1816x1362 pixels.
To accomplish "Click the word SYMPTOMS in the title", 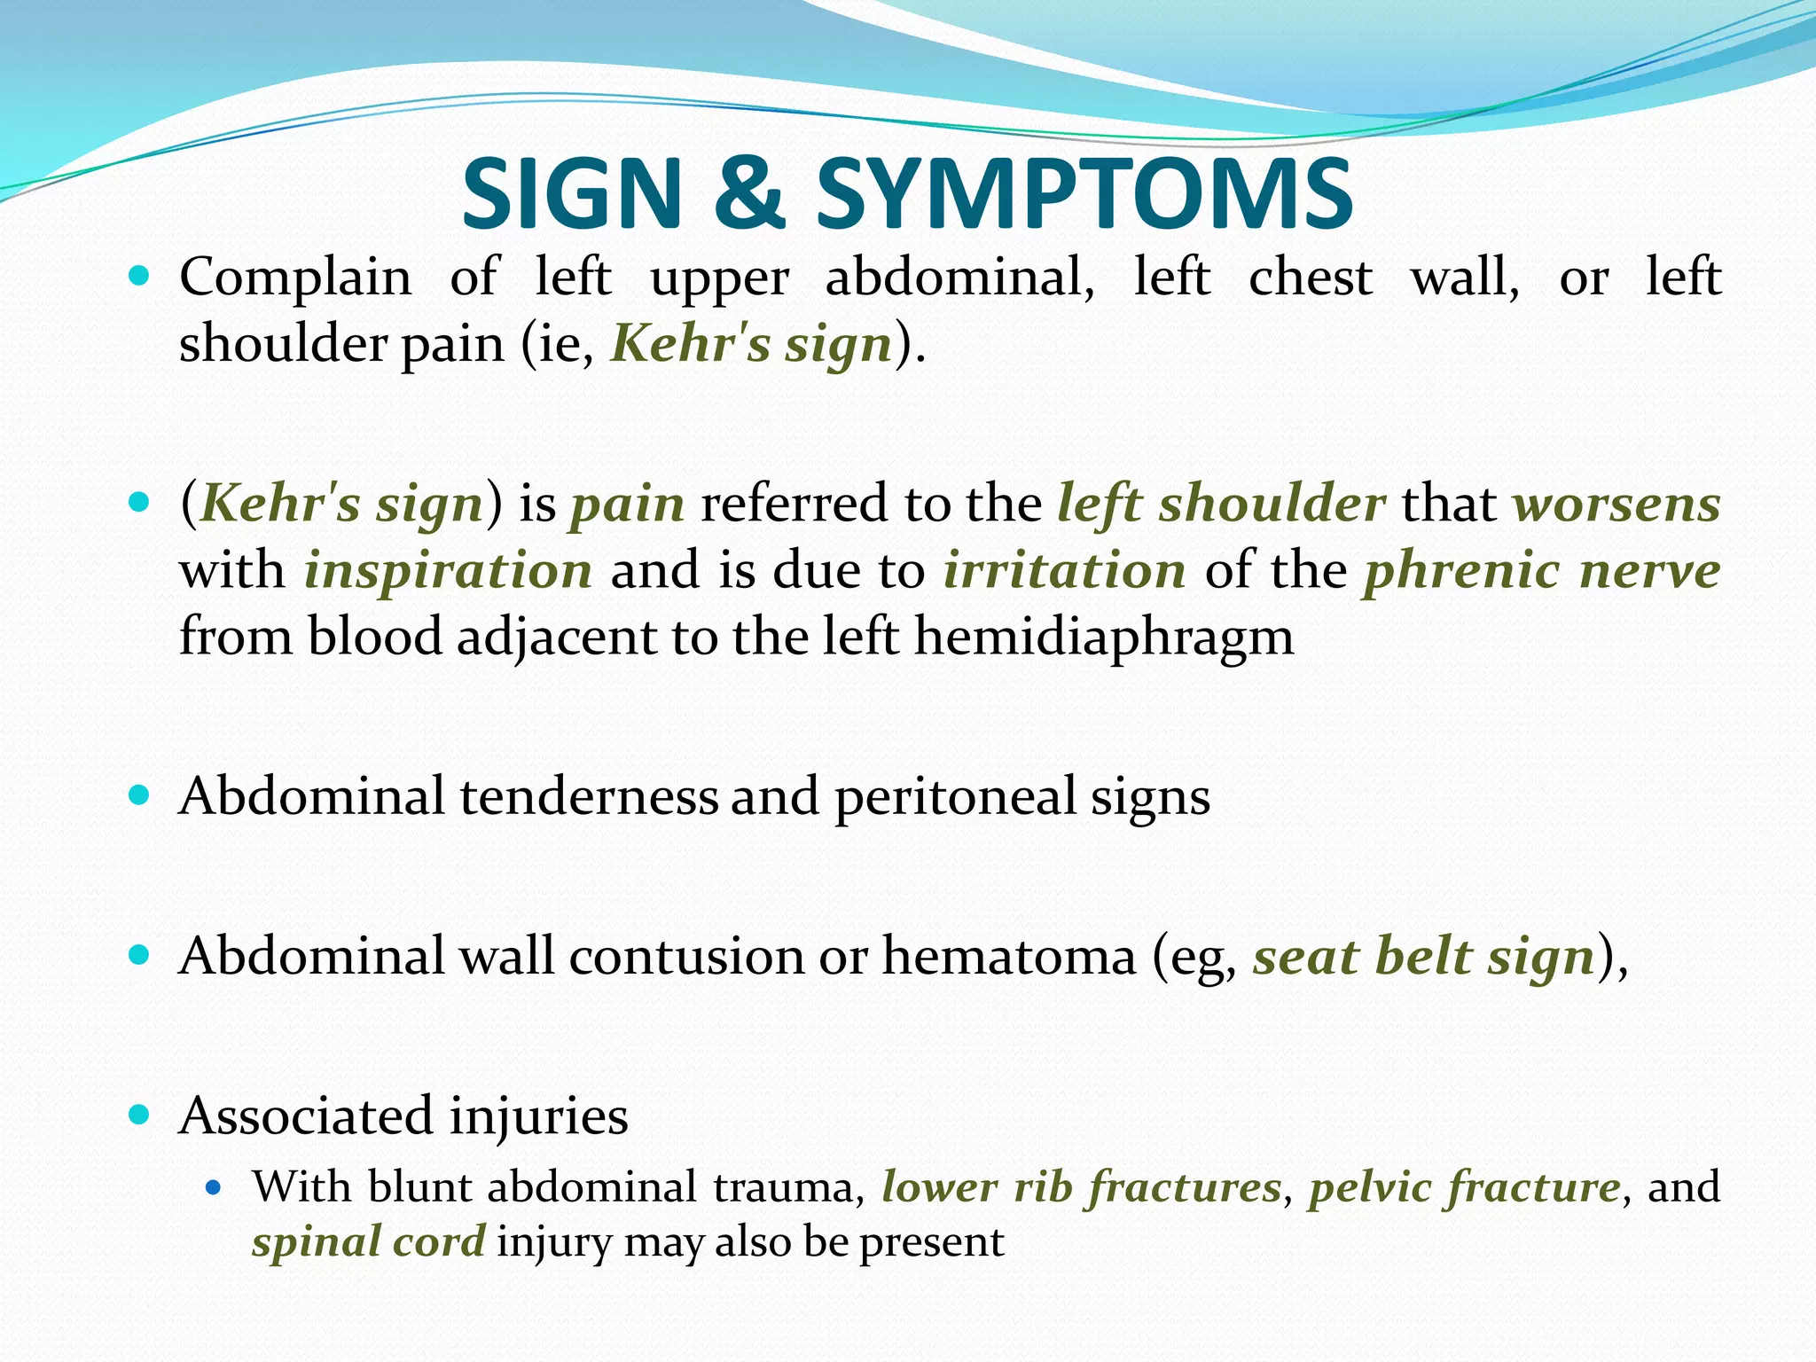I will pyautogui.click(x=1084, y=193).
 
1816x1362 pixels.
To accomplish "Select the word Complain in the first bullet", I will pyautogui.click(x=295, y=278).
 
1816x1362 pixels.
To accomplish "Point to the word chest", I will pyautogui.click(x=1311, y=278).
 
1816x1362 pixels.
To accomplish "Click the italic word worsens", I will pyautogui.click(x=1616, y=504).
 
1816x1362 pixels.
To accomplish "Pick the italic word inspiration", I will pyautogui.click(x=449, y=570).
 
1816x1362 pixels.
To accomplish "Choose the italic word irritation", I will pyautogui.click(x=1065, y=570).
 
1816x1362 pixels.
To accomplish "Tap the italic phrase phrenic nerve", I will pyautogui.click(x=1542, y=570).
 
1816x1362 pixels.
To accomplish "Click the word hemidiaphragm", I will pyautogui.click(x=1104, y=638).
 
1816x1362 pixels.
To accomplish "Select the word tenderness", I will pyautogui.click(x=589, y=796).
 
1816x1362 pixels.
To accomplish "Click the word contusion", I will pyautogui.click(x=686, y=957).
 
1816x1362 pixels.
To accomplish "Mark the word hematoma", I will pyautogui.click(x=1009, y=957).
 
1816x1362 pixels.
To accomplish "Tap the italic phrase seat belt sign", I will pyautogui.click(x=1424, y=957).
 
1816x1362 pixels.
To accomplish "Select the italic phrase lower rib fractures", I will pyautogui.click(x=1081, y=1186).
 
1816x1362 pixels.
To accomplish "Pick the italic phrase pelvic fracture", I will pyautogui.click(x=1464, y=1186).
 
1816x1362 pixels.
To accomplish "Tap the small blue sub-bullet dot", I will pyautogui.click(x=212, y=1186).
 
